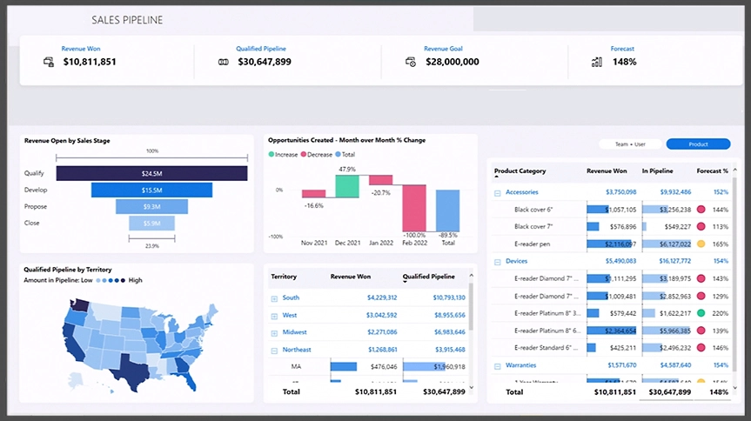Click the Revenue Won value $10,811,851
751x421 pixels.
[x=90, y=62]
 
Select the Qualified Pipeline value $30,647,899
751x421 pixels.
[x=264, y=62]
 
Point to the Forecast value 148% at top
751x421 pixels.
[x=623, y=62]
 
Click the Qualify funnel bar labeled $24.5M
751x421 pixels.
[x=152, y=174]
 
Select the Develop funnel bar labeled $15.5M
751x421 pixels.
[x=152, y=190]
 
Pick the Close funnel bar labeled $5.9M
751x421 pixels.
[x=152, y=224]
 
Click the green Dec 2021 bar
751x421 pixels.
[x=347, y=185]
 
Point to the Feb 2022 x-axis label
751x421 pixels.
[x=414, y=244]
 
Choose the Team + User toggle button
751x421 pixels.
[x=631, y=144]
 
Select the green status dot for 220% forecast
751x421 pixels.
[x=701, y=313]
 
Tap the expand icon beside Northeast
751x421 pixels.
[x=274, y=350]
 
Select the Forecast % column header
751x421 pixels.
[x=712, y=171]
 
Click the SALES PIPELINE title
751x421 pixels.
[x=127, y=19]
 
